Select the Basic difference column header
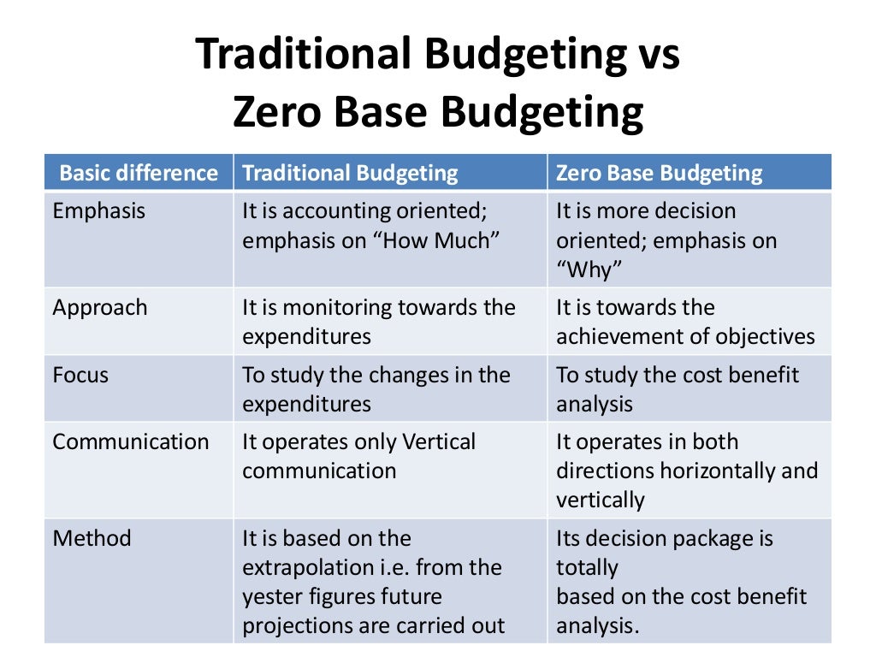point(139,174)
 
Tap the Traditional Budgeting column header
point(350,174)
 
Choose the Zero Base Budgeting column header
point(659,174)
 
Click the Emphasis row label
point(99,211)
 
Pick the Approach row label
point(100,308)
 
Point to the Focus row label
point(80,375)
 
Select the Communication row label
point(131,442)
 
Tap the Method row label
point(92,539)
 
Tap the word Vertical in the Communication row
point(434,442)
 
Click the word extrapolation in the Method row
point(311,568)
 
